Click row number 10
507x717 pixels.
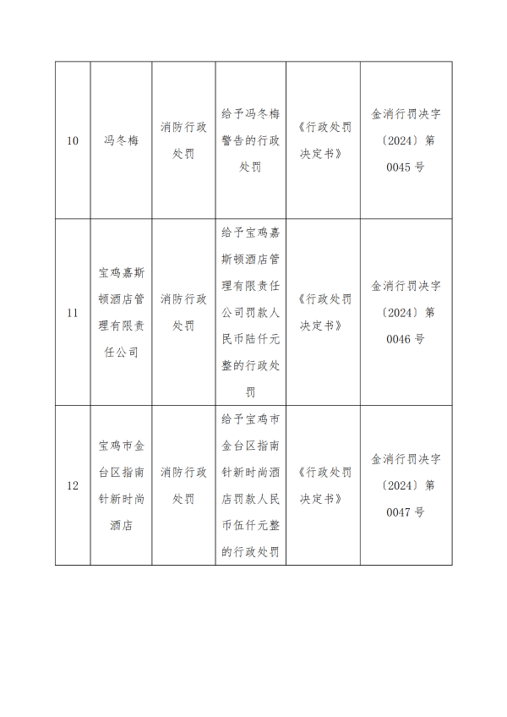click(x=73, y=140)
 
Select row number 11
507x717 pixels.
click(x=73, y=313)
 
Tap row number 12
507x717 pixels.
click(x=73, y=485)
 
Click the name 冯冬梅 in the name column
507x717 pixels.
click(x=121, y=140)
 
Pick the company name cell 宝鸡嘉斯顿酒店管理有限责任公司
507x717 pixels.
click(x=121, y=313)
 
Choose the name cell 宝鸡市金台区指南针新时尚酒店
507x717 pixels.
click(x=121, y=485)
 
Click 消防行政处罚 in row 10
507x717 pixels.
click(x=183, y=140)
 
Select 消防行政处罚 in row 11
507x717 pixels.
click(x=183, y=313)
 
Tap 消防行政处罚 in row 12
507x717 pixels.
click(x=183, y=485)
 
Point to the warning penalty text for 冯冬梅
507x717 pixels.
click(x=250, y=140)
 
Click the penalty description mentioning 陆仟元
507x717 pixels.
click(x=250, y=313)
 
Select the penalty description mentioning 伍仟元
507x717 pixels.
click(x=250, y=485)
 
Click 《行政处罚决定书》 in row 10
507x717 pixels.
click(x=324, y=140)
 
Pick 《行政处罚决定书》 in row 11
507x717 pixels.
click(x=324, y=313)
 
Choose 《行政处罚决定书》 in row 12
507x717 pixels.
click(x=324, y=485)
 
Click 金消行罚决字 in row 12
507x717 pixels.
click(x=406, y=458)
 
